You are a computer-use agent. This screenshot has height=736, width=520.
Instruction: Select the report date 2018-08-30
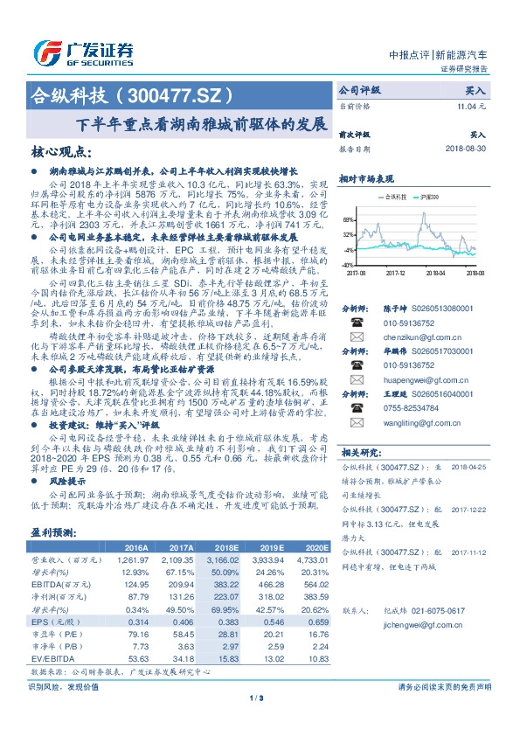point(463,149)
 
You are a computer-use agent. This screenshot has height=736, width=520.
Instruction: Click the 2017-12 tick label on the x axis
point(398,272)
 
